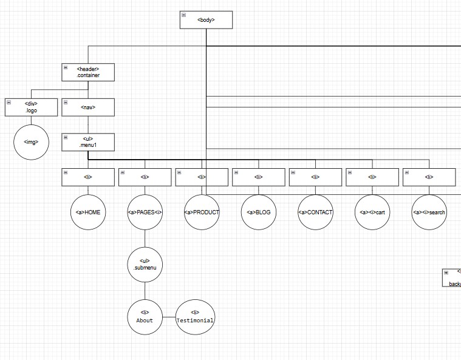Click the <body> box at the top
pos(206,20)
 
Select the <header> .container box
pos(88,72)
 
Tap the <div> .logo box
pos(31,107)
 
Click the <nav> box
pos(88,107)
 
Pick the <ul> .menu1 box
pos(88,142)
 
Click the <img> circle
pos(31,143)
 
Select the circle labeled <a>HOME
pos(88,212)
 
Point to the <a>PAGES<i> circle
pos(145,212)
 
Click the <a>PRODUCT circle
pos(202,212)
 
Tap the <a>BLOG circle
pos(259,212)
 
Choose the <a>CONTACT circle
pos(316,212)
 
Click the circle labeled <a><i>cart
pos(372,212)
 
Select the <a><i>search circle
pos(429,212)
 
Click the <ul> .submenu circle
pos(145,265)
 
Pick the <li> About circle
pos(145,317)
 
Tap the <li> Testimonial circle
pos(195,317)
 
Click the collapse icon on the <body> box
pos(183,15)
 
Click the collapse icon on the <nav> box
pos(66,103)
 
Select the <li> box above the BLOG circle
pos(259,177)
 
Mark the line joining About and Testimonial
pos(169,317)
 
